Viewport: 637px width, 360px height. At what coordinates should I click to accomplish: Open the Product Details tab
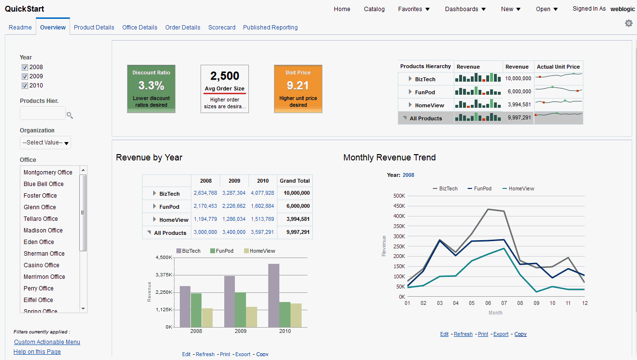94,28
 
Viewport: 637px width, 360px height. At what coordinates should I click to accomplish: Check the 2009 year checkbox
25,76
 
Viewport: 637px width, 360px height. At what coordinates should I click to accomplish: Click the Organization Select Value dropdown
45,143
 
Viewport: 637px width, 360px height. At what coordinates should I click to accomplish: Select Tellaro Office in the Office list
41,219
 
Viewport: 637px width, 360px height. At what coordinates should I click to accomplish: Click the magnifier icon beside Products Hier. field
70,115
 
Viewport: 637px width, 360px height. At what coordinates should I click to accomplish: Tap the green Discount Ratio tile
151,88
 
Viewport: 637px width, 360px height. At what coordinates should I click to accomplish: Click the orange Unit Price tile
298,88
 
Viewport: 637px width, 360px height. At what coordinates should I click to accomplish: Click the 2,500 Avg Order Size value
225,76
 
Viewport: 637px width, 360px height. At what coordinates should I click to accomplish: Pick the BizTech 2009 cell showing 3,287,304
234,193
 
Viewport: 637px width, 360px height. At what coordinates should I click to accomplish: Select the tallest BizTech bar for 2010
274,295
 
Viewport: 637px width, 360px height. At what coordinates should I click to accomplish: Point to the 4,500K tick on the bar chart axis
164,258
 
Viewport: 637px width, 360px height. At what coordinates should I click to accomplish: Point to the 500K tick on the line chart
399,196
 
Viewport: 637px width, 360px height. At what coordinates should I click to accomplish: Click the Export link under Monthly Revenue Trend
501,334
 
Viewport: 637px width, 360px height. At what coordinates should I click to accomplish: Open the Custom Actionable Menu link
47,342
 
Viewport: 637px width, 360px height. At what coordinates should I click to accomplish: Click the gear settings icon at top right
628,23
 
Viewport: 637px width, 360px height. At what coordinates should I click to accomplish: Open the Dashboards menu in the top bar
465,9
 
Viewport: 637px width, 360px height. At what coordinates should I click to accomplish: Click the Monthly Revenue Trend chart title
390,158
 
